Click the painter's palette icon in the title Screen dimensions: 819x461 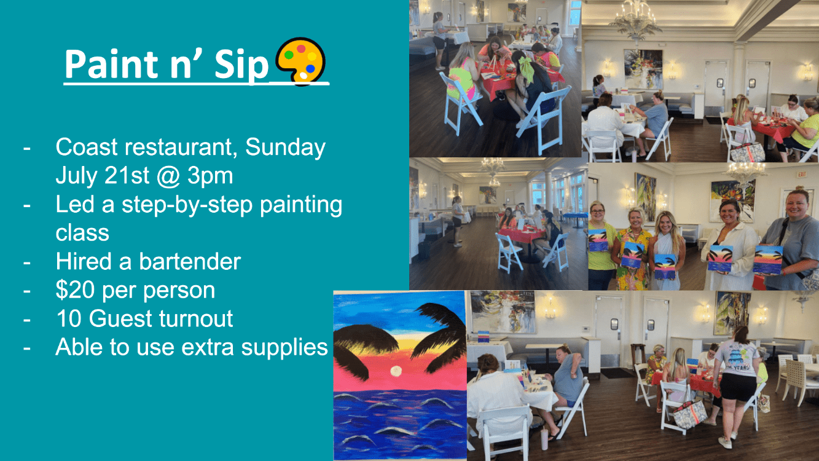[x=300, y=61]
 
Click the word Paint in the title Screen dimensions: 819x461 [x=109, y=64]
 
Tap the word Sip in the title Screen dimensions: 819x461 [x=241, y=65]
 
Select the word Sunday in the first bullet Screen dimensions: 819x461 [x=285, y=148]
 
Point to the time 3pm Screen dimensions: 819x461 [x=210, y=176]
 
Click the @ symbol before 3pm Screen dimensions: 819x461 [x=168, y=176]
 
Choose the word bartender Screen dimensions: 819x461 [x=190, y=262]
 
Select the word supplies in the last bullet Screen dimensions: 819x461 [x=284, y=347]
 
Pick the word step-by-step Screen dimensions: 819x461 [x=187, y=205]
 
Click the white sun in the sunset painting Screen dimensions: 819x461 [x=396, y=371]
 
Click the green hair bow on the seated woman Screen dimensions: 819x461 [x=526, y=68]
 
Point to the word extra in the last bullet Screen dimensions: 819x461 [x=207, y=347]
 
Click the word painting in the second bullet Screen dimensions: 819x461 [x=301, y=205]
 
